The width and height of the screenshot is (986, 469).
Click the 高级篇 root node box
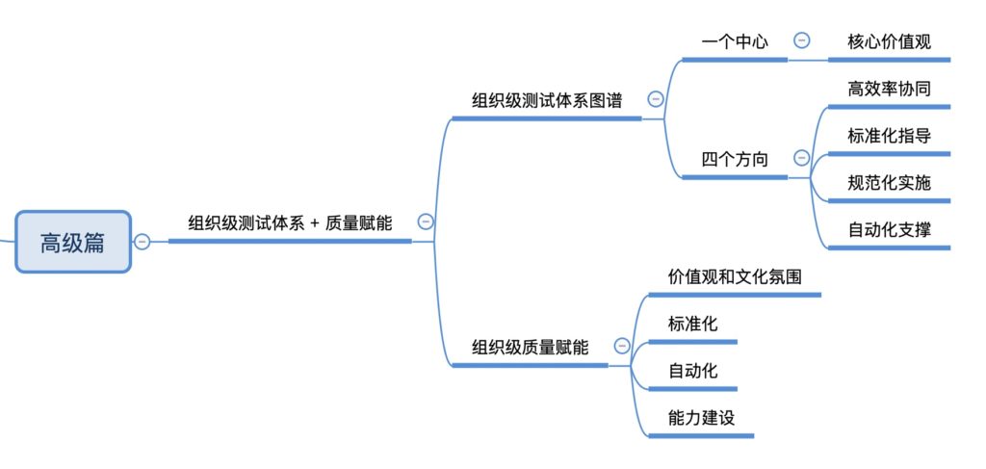tap(72, 242)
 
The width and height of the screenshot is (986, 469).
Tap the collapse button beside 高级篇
tap(143, 242)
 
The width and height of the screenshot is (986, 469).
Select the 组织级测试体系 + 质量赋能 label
tap(290, 222)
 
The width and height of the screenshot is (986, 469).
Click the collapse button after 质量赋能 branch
tap(426, 221)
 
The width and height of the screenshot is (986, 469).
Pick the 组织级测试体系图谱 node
tap(546, 99)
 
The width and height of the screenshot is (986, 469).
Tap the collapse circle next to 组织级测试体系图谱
tap(656, 98)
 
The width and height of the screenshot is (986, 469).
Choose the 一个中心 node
tap(735, 41)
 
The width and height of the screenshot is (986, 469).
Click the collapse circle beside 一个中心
tap(801, 40)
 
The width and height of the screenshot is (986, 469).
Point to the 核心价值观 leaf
tap(889, 41)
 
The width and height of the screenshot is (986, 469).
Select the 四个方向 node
tap(735, 159)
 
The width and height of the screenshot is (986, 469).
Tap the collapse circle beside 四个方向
tap(801, 158)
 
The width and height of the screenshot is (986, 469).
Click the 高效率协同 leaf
tap(889, 89)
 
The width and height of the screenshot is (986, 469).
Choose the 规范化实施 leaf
tap(889, 182)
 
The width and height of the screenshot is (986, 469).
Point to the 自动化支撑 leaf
tap(889, 229)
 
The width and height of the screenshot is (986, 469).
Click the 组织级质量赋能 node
tap(530, 347)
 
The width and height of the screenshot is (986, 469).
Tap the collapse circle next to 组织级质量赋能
tap(622, 346)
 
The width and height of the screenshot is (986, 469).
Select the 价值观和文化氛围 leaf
tap(735, 276)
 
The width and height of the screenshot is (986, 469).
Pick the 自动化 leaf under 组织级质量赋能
tap(692, 371)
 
